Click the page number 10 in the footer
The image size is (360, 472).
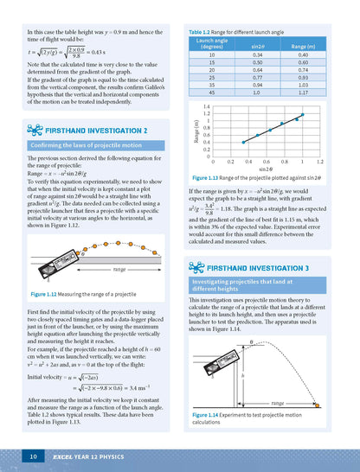(x=31, y=455)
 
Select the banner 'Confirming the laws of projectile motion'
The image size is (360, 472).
(x=86, y=146)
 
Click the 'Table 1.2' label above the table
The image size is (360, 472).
(x=202, y=32)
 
